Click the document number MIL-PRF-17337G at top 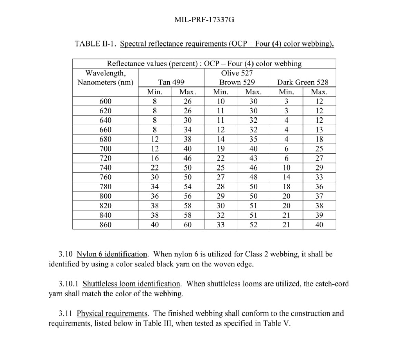pyautogui.click(x=204, y=20)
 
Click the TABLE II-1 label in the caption pyautogui.click(x=95, y=44)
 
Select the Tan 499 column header pyautogui.click(x=171, y=82)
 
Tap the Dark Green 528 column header pyautogui.click(x=303, y=82)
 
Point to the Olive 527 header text pyautogui.click(x=237, y=73)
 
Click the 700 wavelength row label pyautogui.click(x=105, y=149)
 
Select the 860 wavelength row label pyautogui.click(x=105, y=225)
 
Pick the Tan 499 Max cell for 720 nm pyautogui.click(x=188, y=158)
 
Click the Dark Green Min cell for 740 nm pyautogui.click(x=286, y=168)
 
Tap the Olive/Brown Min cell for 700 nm pyautogui.click(x=220, y=149)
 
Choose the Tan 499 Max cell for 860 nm pyautogui.click(x=188, y=225)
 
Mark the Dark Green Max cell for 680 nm pyautogui.click(x=319, y=140)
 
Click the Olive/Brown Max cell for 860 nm pyautogui.click(x=253, y=225)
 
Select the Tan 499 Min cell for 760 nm pyautogui.click(x=155, y=177)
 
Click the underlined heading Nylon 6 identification pyautogui.click(x=112, y=254)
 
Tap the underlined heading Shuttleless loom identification pyautogui.click(x=131, y=284)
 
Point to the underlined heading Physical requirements pyautogui.click(x=112, y=313)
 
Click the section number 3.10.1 pyautogui.click(x=69, y=284)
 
